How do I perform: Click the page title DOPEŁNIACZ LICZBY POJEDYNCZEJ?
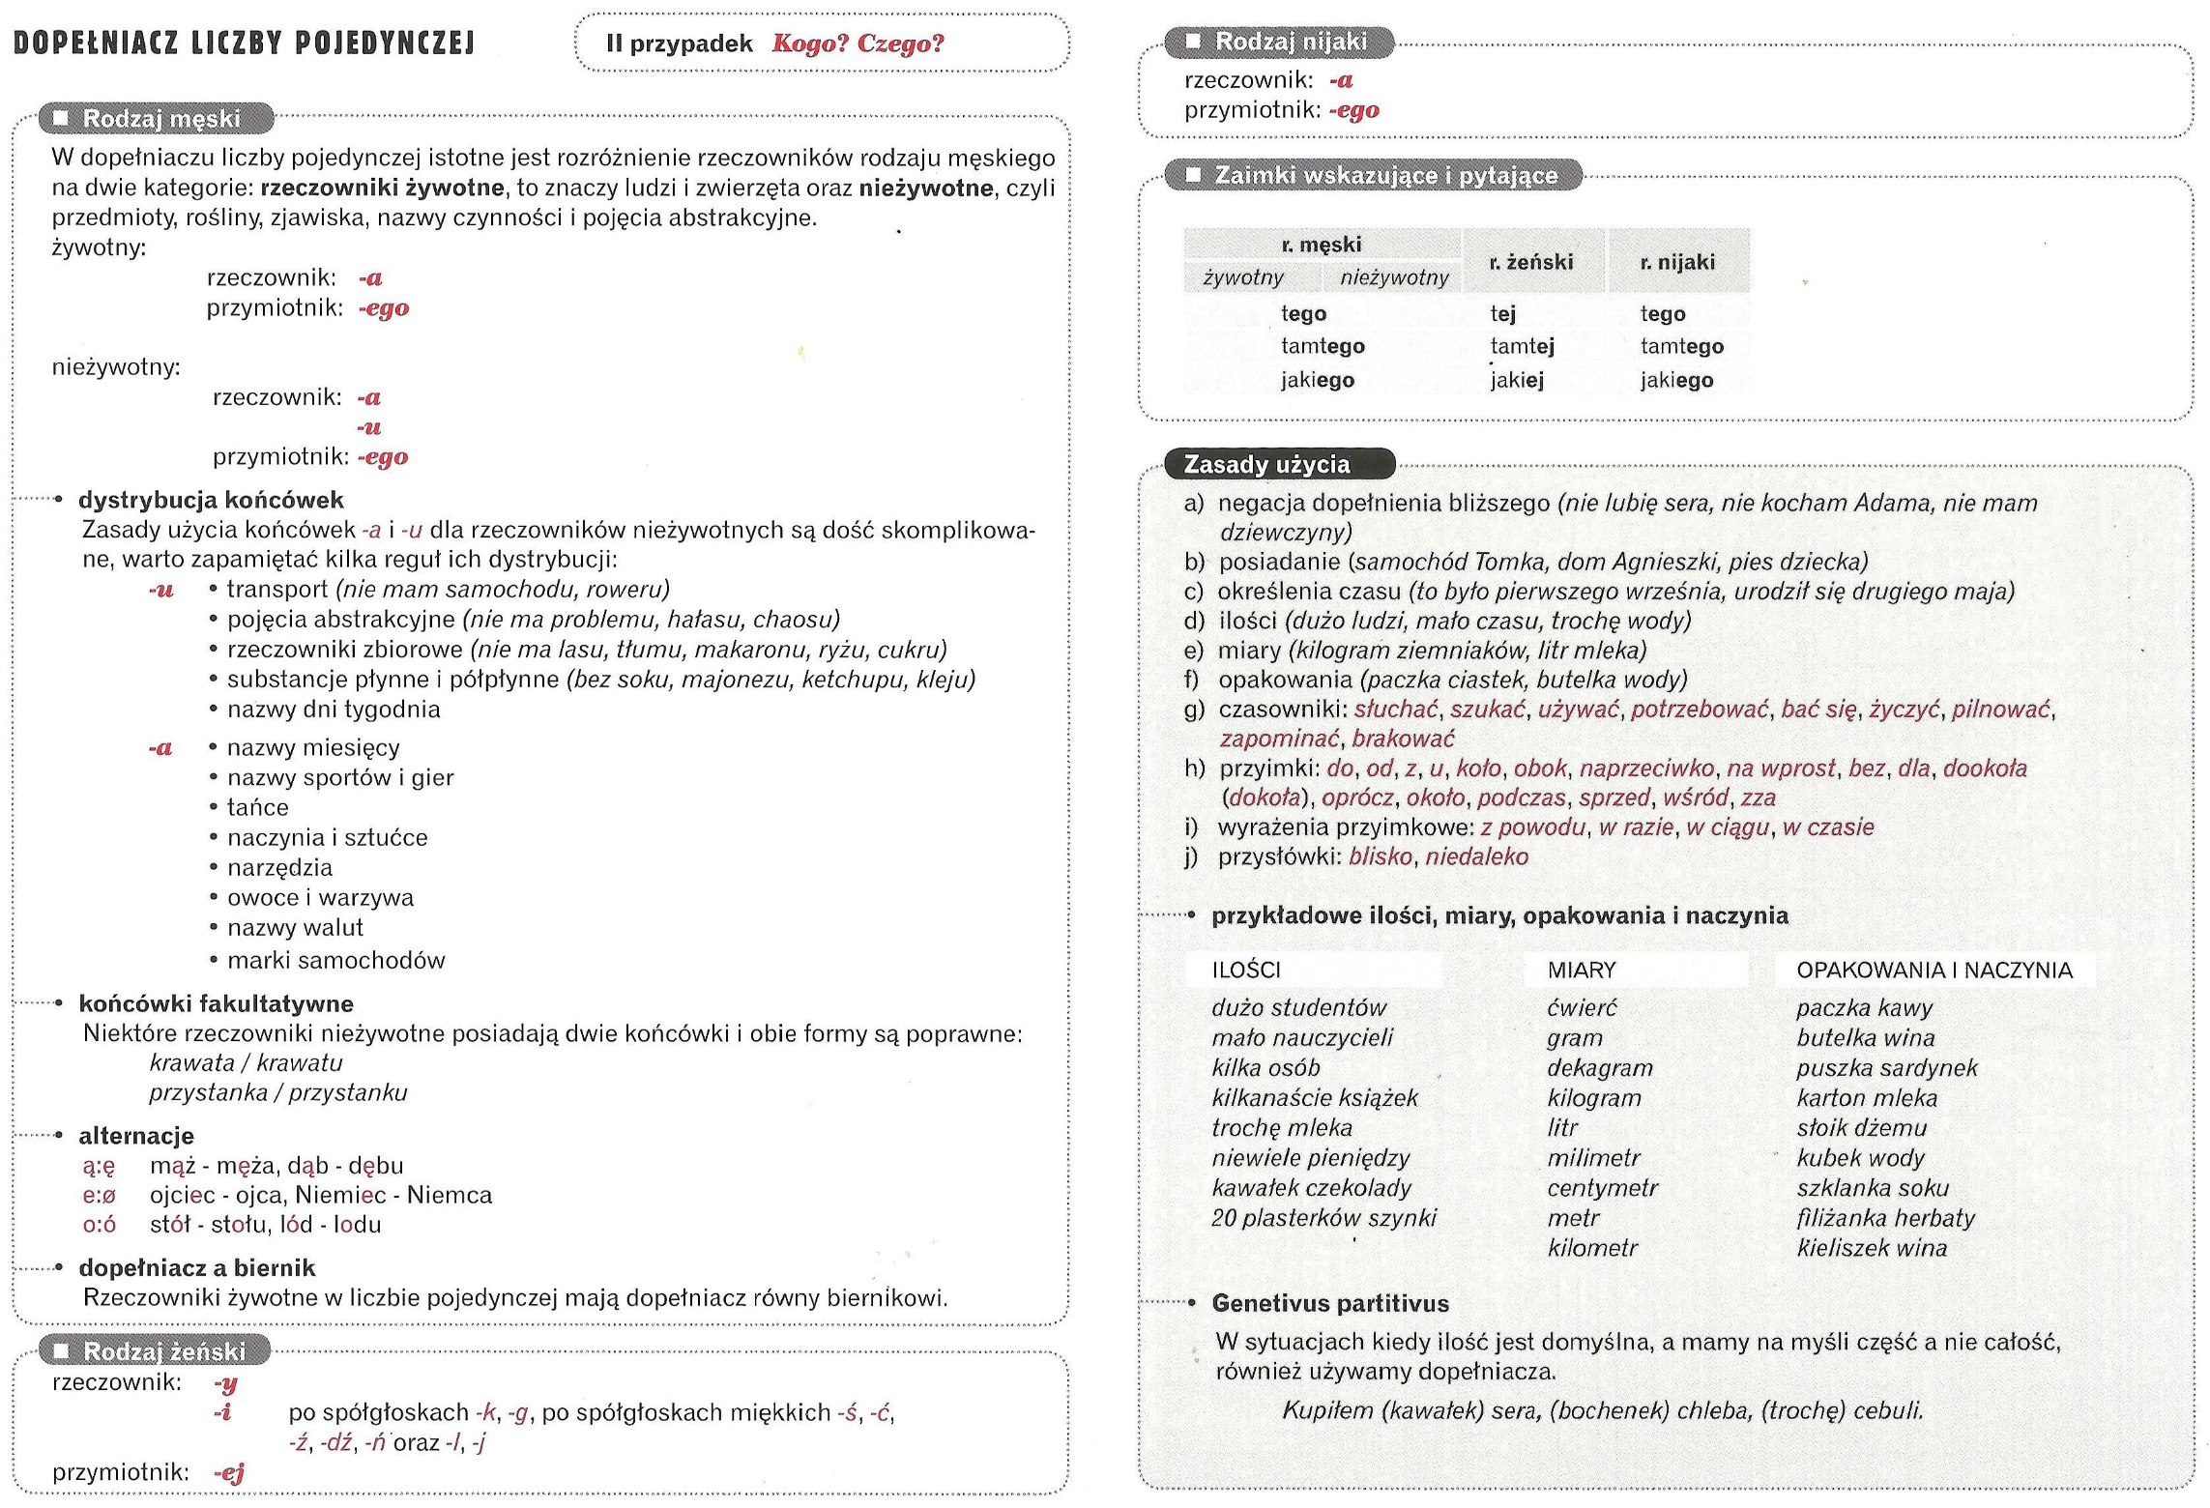244,43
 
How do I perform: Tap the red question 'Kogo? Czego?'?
858,43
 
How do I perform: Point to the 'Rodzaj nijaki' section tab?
1290,42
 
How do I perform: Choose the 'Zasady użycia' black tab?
1266,465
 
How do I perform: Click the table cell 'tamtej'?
1522,346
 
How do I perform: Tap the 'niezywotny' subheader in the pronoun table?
1394,278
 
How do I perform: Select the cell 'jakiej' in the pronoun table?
1517,380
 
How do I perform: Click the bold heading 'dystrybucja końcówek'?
211,500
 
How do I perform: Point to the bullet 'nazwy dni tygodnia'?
334,710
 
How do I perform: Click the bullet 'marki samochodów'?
335,960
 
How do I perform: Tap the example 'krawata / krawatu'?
246,1062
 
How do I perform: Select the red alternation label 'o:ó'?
100,1225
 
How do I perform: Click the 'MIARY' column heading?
1581,970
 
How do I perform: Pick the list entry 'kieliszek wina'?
1871,1248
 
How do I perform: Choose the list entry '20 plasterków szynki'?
1323,1218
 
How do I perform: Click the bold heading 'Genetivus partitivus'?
1329,1303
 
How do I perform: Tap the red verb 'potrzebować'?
1700,710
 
